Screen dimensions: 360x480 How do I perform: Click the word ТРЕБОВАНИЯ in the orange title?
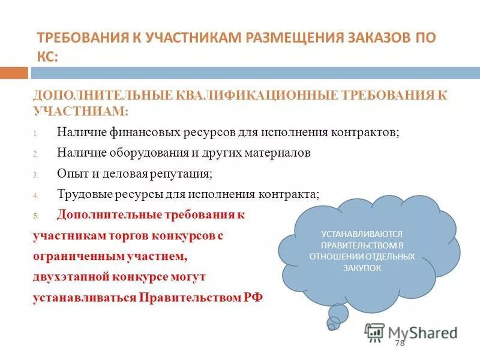[x=79, y=38]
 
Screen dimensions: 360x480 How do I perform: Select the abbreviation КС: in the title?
[x=48, y=56]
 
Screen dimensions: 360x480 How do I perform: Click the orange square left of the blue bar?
[x=14, y=73]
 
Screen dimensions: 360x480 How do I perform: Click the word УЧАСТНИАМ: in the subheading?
[x=81, y=111]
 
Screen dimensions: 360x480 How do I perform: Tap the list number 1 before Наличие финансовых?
[x=35, y=133]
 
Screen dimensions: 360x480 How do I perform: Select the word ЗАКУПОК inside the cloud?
[x=362, y=268]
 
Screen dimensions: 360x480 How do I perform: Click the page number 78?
[x=400, y=343]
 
